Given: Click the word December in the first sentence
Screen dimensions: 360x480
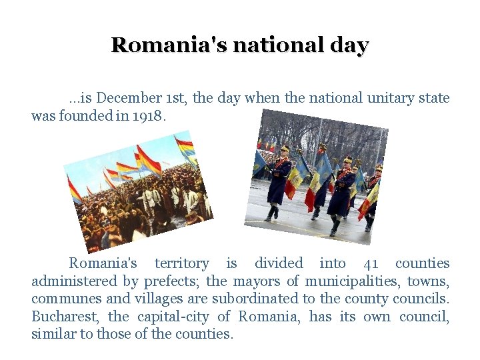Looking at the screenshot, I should [122, 99].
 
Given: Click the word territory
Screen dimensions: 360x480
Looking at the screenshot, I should [181, 264].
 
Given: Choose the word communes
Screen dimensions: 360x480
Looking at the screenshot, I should [63, 299].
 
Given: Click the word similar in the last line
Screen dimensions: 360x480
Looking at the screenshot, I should [53, 333].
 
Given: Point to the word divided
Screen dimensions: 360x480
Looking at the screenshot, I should [279, 264].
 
